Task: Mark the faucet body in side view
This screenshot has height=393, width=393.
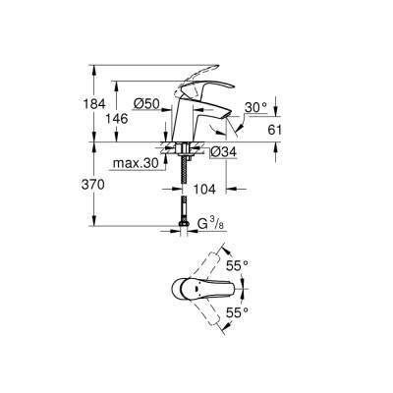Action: [185, 123]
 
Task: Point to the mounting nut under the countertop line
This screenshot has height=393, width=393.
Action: [186, 152]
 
